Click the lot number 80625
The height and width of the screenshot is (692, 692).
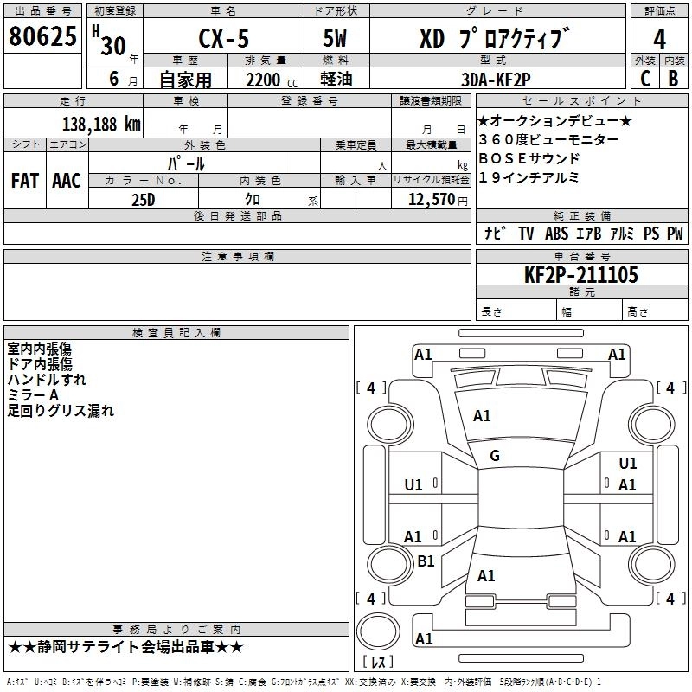(43, 37)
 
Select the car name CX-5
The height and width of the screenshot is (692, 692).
(220, 40)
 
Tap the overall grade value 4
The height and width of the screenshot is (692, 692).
(660, 40)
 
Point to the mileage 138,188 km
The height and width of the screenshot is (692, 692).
(101, 124)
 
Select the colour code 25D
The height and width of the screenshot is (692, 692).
(143, 199)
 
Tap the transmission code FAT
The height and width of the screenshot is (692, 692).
(25, 181)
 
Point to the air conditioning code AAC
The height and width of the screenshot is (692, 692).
(67, 181)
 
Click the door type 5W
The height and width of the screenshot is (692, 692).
(336, 40)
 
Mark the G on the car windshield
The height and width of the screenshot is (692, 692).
(495, 456)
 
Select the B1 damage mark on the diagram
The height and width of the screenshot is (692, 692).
(426, 561)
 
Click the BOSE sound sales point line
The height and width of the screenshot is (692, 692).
(529, 158)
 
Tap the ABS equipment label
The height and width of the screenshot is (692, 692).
(557, 234)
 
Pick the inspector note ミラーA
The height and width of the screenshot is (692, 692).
(33, 394)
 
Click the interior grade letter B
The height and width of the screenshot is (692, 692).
(673, 79)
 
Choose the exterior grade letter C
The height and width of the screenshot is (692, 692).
(645, 79)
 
